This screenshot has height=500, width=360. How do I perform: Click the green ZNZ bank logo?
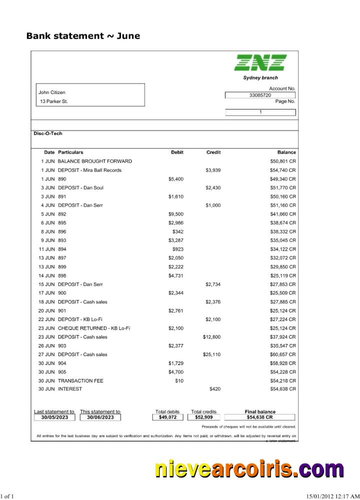click(260, 62)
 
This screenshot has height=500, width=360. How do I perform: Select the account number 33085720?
click(260, 95)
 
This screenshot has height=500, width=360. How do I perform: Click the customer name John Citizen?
click(52, 92)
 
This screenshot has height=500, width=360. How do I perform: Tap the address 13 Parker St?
click(54, 101)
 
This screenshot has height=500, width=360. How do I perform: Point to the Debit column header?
click(177, 152)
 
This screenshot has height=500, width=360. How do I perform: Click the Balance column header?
click(286, 152)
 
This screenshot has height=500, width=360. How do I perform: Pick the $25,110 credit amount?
click(211, 354)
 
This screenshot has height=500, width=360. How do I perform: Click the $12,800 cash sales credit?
click(211, 337)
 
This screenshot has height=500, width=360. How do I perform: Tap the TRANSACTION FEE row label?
click(80, 380)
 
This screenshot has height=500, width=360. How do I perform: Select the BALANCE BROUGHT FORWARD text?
click(95, 161)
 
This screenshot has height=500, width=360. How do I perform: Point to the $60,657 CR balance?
click(283, 354)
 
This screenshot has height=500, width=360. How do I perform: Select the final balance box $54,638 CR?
click(259, 417)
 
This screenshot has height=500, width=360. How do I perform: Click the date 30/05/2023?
click(54, 417)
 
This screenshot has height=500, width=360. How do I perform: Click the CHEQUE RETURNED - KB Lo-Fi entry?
click(94, 328)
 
